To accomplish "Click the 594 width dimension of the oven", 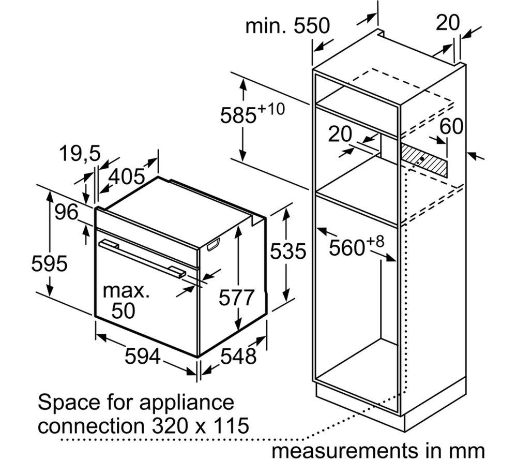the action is [143, 357].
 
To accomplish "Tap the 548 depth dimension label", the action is [238, 356].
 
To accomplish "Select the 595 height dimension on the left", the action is [49, 263].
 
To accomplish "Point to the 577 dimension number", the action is [236, 298].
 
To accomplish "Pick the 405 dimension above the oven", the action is [127, 176].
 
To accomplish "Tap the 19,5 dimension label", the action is [80, 154].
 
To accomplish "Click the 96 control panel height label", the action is [67, 212].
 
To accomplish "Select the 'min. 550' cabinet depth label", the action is [287, 25].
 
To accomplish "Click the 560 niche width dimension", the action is [356, 246].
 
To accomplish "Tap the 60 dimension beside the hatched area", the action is [451, 126].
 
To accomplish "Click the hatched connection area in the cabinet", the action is [424, 160].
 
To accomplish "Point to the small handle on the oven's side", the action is [213, 245].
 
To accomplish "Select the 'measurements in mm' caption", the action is [378, 450].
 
